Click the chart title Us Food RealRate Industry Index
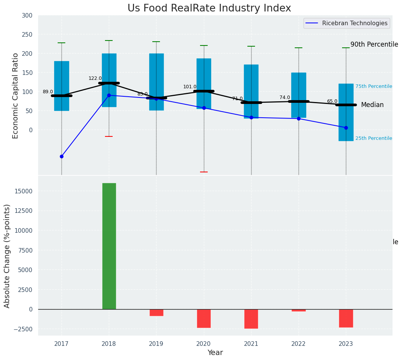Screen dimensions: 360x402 point(209,8)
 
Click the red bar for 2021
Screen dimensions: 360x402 point(251,319)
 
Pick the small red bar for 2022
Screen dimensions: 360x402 point(299,310)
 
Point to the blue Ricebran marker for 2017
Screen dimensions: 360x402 point(61,156)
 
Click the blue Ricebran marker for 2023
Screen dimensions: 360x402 point(346,128)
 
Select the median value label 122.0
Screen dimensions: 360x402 point(95,78)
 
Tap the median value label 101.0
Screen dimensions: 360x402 point(190,87)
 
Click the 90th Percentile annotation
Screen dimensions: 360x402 point(374,44)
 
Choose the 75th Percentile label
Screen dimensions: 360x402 point(373,86)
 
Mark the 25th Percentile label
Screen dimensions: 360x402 point(373,138)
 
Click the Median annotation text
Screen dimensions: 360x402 point(372,105)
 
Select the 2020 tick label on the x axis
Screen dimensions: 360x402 point(204,344)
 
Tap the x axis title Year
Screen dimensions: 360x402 point(215,353)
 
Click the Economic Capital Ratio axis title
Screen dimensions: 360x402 point(16,96)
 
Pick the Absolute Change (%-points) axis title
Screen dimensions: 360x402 point(7,256)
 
